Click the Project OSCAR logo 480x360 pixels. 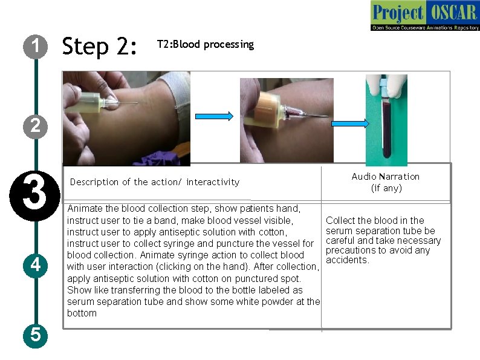pyautogui.click(x=424, y=16)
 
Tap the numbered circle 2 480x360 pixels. pyautogui.click(x=36, y=126)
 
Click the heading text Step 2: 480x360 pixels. pyautogui.click(x=100, y=46)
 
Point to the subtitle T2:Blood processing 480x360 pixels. pyautogui.click(x=205, y=45)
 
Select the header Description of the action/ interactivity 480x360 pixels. pyautogui.click(x=155, y=182)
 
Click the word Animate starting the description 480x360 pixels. pyautogui.click(x=85, y=209)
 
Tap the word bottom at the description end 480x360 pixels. pyautogui.click(x=82, y=313)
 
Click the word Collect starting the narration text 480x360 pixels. pyautogui.click(x=341, y=221)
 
